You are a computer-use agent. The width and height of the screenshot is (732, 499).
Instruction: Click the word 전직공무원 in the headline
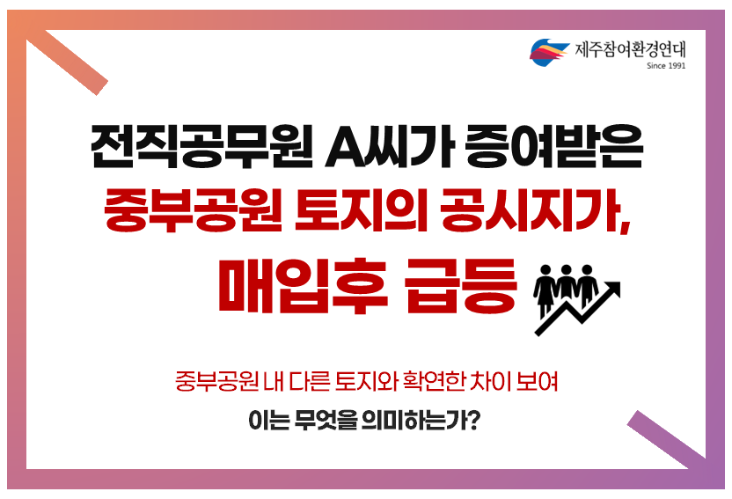[201, 146]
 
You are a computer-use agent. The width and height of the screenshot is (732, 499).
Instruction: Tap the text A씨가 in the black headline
[390, 146]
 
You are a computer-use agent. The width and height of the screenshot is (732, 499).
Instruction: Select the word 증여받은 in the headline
[554, 146]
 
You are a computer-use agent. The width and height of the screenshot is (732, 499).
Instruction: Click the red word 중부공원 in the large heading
[193, 209]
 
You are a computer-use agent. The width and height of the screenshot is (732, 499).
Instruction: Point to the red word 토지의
[361, 209]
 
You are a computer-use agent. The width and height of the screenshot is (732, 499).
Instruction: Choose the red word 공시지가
[535, 209]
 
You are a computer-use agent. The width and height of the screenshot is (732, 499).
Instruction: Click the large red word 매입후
[303, 286]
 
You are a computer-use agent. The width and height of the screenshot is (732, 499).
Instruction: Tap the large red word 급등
[461, 286]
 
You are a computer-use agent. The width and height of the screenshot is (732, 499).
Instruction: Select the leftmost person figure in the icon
[545, 290]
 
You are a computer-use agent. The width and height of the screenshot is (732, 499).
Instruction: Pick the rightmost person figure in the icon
[588, 285]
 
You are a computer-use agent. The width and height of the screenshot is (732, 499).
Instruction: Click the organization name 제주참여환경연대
[630, 49]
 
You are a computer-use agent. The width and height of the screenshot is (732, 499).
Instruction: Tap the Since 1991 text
[666, 66]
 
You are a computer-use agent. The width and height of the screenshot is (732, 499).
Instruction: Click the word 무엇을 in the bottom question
[326, 421]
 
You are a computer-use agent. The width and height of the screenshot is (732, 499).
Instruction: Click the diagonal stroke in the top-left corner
[67, 62]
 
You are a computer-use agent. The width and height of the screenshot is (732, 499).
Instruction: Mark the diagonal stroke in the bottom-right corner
[666, 440]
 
